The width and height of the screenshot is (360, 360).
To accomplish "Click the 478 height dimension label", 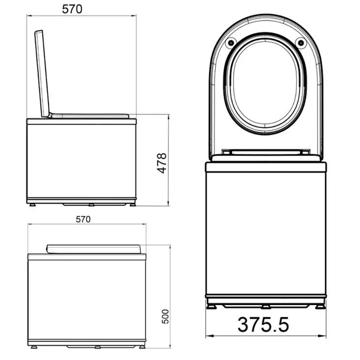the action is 161,163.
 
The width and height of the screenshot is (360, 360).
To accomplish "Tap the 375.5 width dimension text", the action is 263,325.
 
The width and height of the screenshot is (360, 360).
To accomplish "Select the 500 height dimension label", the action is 165,317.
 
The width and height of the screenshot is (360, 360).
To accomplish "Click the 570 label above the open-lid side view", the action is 72,9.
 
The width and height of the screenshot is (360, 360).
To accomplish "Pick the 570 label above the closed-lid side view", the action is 83,219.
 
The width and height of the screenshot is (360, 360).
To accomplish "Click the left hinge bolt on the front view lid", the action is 231,43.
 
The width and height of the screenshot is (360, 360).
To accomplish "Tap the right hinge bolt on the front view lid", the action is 300,43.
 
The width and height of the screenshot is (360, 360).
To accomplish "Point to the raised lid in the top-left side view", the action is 42,73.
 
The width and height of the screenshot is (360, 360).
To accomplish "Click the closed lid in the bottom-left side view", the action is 93,249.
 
